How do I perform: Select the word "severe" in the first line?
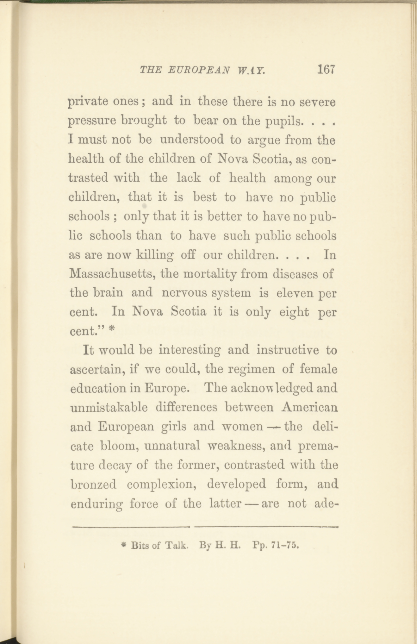[317, 102]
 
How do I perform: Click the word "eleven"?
[295, 293]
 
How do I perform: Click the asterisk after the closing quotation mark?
[111, 329]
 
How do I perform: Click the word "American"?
[309, 408]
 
